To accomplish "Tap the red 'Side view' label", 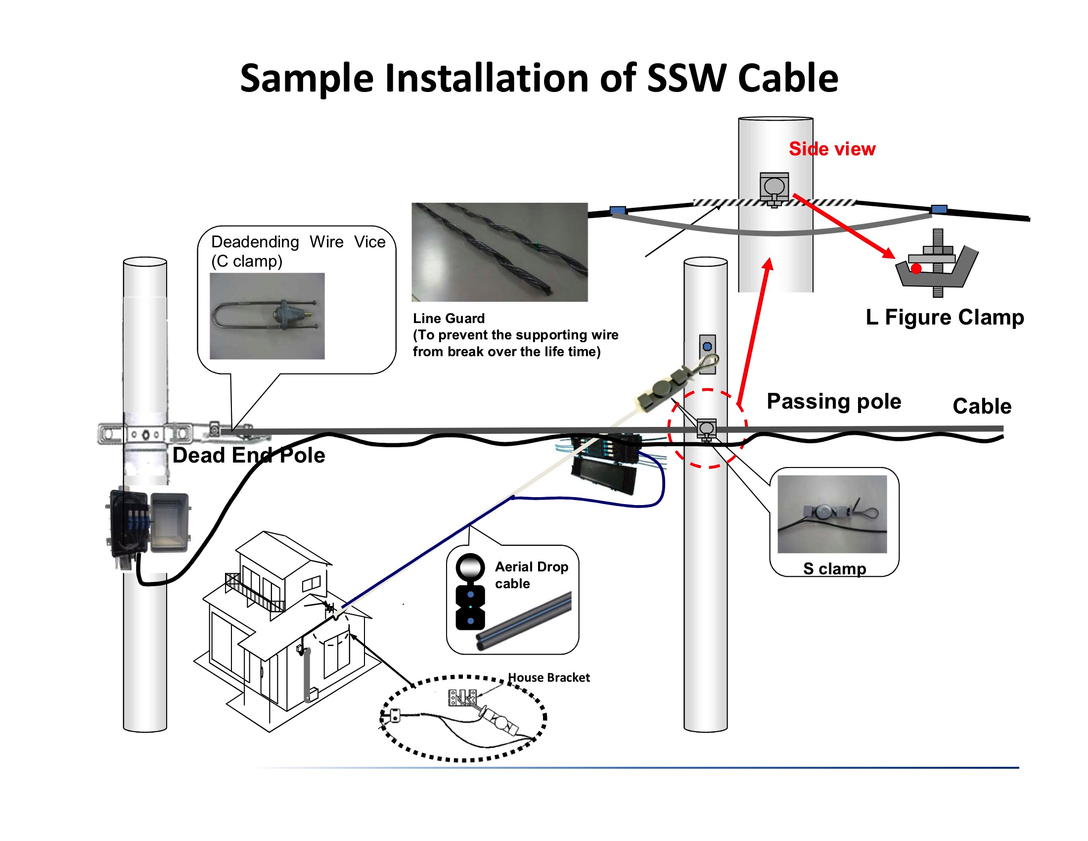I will point(832,149).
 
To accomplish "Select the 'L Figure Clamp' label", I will point(945,317).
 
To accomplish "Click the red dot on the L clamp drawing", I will point(916,269).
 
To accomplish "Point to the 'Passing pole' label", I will point(834,401).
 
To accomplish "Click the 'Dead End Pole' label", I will point(249,455).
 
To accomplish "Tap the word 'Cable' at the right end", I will point(982,406).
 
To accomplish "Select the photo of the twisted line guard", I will point(499,252).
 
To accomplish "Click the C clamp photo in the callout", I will point(267,316).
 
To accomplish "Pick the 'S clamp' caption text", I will point(834,568).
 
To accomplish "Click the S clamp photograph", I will point(832,514).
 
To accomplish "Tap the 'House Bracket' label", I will point(548,678).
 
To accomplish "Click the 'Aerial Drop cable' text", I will point(531,575).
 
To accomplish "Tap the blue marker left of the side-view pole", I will point(618,210).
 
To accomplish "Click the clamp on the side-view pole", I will point(774,188).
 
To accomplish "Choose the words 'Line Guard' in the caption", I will point(449,319).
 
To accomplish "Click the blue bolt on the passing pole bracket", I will point(707,346).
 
